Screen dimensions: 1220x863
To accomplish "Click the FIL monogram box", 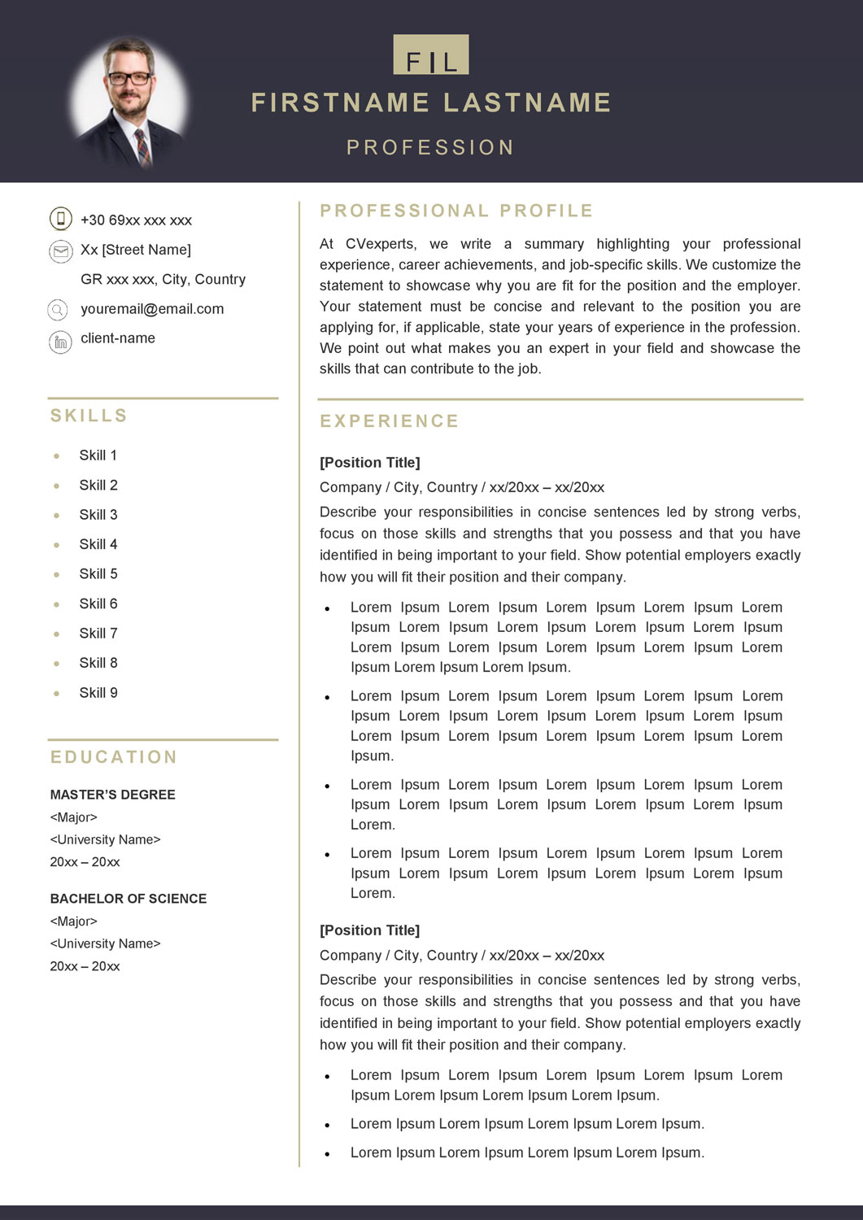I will click(x=430, y=55).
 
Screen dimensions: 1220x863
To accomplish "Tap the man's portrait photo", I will click(x=129, y=101).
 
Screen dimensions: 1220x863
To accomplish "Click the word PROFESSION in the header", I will click(x=430, y=147).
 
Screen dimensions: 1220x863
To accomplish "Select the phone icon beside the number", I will click(x=60, y=219).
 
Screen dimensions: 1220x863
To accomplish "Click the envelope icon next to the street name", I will click(x=60, y=251).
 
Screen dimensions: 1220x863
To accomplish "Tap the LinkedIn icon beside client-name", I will click(x=60, y=342).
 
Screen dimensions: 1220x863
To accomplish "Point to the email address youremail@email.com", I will click(x=152, y=309).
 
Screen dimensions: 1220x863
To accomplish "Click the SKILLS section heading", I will click(x=89, y=416).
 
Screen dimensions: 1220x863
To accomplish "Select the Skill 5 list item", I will click(x=98, y=574).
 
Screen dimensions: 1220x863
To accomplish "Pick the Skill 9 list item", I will click(x=98, y=693).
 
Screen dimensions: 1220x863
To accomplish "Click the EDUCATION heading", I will click(x=114, y=757).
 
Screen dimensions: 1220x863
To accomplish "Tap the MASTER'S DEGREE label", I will click(x=112, y=795).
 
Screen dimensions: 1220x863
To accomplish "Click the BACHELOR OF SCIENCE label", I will click(x=128, y=899).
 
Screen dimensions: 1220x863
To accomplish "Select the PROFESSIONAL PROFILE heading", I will click(x=456, y=211).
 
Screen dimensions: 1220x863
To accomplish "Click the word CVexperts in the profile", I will click(x=381, y=244).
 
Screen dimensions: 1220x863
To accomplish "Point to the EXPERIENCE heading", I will click(x=390, y=421).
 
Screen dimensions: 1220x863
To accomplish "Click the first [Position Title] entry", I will click(x=369, y=463).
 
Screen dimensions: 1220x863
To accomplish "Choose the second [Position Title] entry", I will click(x=369, y=930).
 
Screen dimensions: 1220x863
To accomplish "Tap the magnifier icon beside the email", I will click(x=59, y=310).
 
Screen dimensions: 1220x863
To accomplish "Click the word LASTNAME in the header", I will click(x=527, y=103).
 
